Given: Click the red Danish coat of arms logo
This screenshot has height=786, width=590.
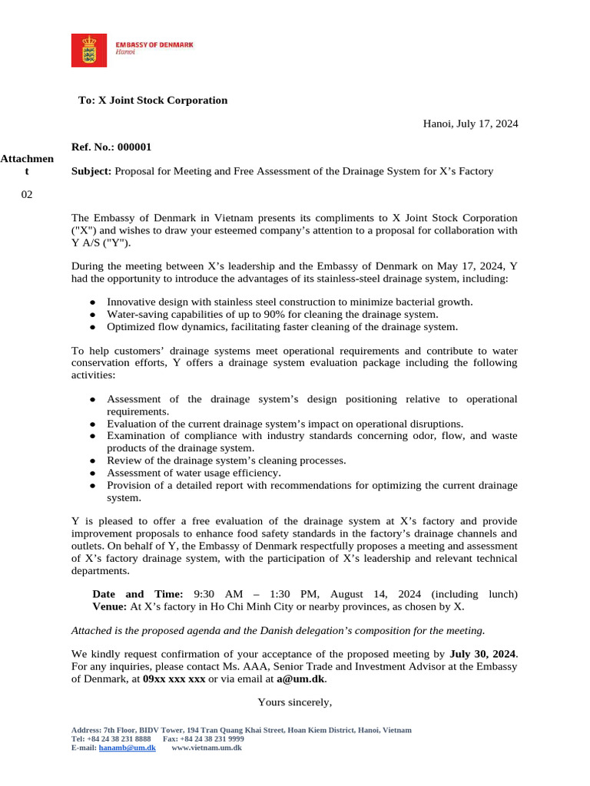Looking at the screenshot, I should click(89, 50).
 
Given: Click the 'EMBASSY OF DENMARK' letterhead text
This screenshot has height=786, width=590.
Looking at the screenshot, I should click(154, 45).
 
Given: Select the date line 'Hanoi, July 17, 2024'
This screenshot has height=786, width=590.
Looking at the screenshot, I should click(470, 124).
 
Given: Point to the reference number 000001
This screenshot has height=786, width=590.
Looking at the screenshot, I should click(134, 147).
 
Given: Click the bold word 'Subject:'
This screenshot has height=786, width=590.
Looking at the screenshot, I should click(91, 171).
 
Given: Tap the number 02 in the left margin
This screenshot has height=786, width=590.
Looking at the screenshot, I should click(27, 195).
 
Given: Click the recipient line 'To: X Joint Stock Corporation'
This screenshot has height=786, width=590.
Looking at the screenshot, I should click(153, 101).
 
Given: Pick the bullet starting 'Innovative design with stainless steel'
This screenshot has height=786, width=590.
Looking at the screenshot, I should click(290, 302).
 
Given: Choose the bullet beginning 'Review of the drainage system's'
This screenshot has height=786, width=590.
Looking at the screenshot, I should click(226, 461).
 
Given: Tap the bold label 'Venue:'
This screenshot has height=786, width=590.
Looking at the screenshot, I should click(110, 606).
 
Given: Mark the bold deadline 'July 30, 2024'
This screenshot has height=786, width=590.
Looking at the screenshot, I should click(482, 654).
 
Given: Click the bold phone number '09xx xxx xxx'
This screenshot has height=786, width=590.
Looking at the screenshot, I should click(174, 679).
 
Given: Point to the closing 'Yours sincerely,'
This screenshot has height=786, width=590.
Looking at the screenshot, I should click(295, 702).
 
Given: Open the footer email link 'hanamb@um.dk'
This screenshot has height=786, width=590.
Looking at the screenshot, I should click(128, 748).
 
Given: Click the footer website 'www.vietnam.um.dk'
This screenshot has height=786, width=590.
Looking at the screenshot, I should click(206, 748).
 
